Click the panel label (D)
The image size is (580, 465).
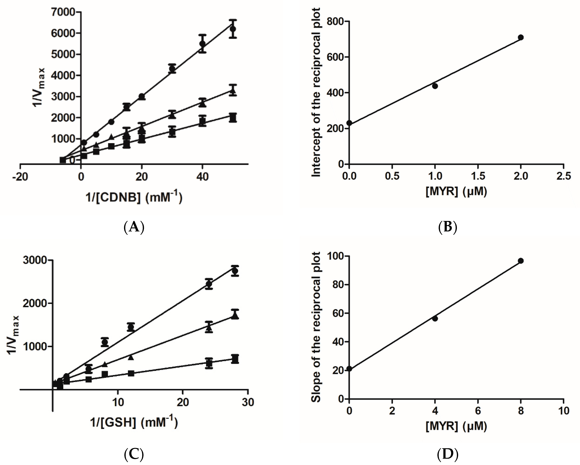point(447,455)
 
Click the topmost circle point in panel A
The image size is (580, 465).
point(233,29)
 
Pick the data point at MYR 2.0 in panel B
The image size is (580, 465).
point(521,37)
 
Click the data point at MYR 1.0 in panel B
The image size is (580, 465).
point(435,86)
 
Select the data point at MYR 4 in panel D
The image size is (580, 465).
point(435,319)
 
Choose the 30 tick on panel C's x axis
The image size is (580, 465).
point(248,402)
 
